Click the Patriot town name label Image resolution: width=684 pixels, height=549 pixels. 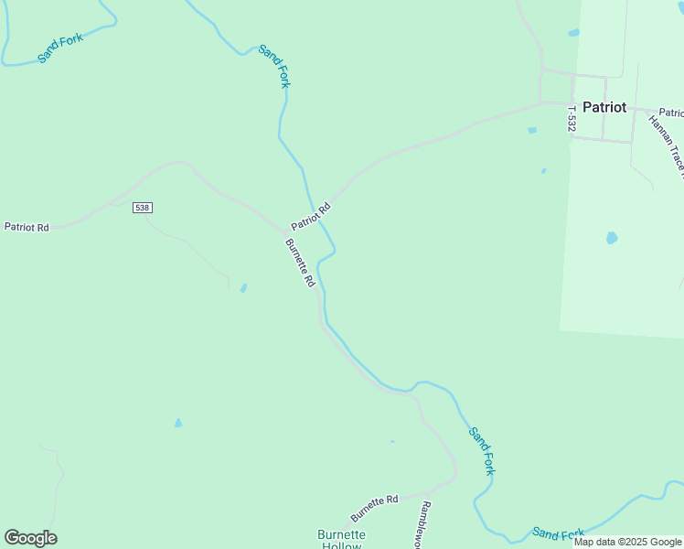(604, 107)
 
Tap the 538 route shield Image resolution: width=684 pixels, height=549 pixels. (142, 208)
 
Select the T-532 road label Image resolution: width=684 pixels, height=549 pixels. (572, 119)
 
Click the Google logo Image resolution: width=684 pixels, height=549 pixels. (30, 538)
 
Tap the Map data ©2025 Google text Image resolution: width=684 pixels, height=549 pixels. (627, 542)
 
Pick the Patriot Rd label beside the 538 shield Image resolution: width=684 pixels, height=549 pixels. (27, 227)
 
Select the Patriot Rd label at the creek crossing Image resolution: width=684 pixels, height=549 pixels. (310, 217)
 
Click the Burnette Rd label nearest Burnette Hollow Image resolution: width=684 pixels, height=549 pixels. (374, 507)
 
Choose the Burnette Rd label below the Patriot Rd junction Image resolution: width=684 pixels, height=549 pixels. (300, 264)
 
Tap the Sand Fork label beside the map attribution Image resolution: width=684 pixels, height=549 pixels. (558, 533)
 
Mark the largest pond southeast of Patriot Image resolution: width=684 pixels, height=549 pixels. (611, 238)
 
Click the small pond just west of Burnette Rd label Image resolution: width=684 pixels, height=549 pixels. (243, 288)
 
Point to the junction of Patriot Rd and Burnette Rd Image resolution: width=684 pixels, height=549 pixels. (285, 231)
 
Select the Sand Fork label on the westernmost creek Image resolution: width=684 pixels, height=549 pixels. (60, 48)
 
